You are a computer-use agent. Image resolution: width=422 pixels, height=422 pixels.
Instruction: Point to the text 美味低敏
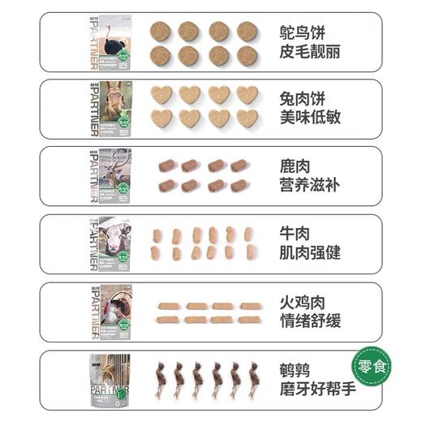click(309, 118)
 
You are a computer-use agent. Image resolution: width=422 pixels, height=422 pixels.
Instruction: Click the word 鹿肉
click(294, 166)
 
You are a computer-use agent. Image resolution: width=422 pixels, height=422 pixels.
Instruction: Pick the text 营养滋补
click(309, 185)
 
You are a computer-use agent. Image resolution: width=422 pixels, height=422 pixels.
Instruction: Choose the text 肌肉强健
click(309, 252)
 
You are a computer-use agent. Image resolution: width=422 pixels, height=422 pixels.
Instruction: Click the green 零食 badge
click(371, 367)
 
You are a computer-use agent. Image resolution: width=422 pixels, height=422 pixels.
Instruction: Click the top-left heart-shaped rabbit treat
click(161, 95)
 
